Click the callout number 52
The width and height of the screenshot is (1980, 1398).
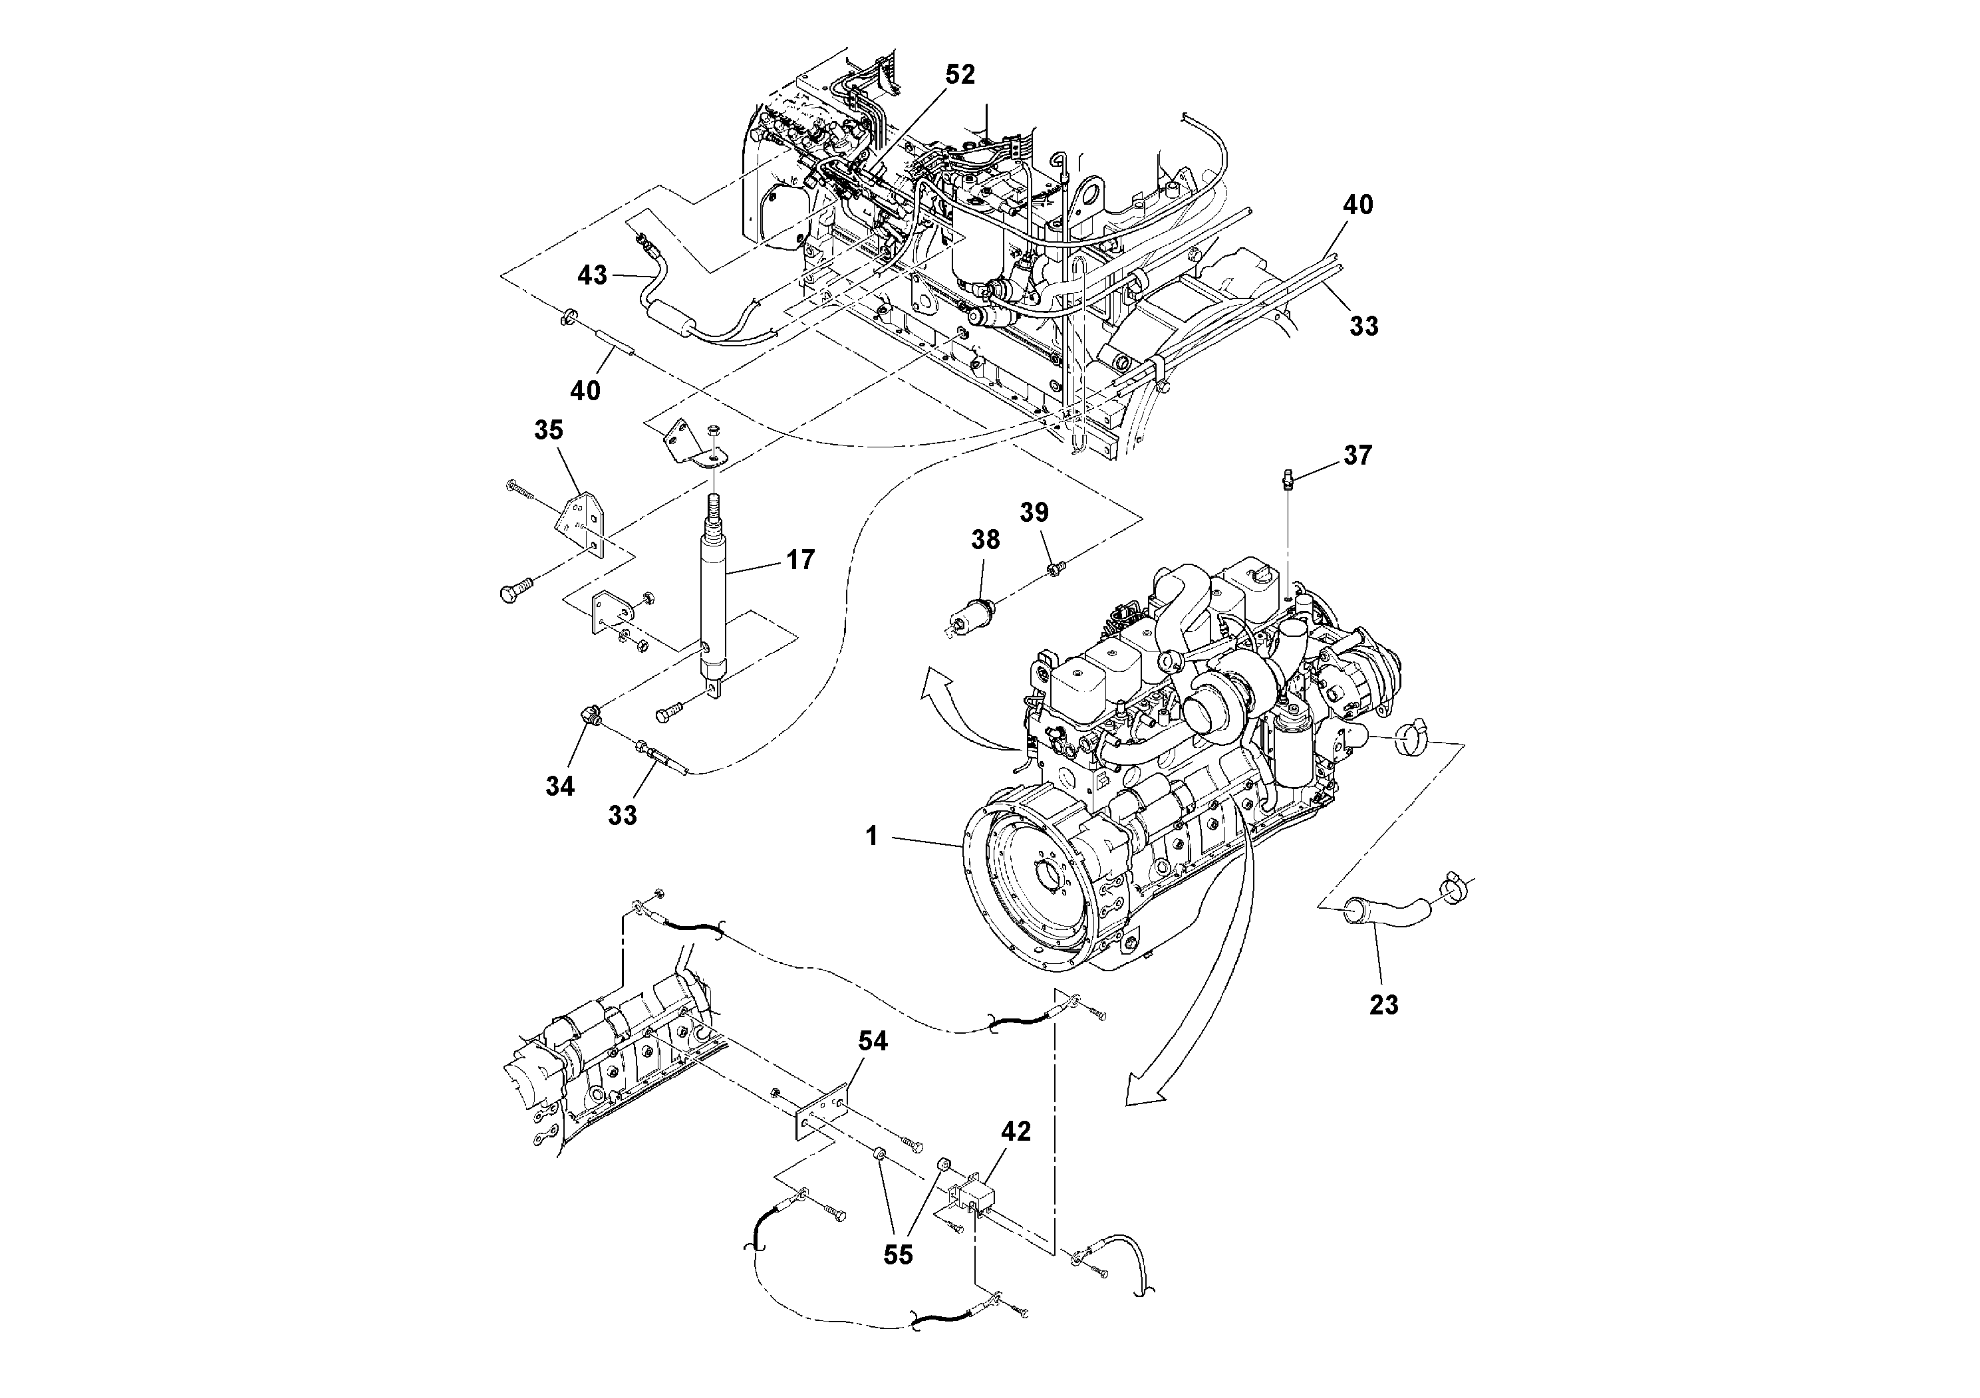tap(959, 75)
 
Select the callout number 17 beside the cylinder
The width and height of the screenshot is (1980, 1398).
tap(800, 560)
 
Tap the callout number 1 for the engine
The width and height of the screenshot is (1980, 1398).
tap(872, 835)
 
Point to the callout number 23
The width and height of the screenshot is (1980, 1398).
tap(1383, 1004)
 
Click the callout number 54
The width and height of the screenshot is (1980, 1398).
tap(872, 1041)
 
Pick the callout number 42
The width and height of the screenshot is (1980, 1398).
tap(1015, 1131)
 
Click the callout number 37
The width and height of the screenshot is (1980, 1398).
tap(1357, 455)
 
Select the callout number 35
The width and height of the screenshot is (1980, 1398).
tap(549, 429)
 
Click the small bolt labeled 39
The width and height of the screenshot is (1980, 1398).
tap(1055, 567)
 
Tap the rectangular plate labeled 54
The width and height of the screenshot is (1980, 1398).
tap(821, 1116)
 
